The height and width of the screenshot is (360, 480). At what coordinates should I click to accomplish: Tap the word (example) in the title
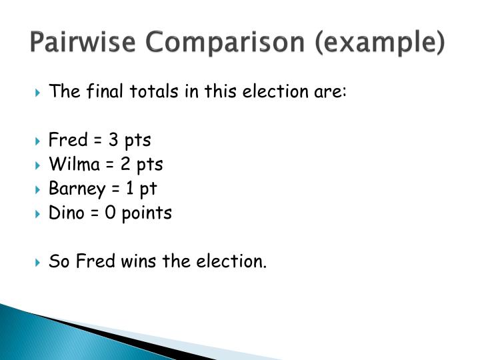(x=377, y=44)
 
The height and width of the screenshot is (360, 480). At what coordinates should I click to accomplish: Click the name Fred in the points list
(x=68, y=140)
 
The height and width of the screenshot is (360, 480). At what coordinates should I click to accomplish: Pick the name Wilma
(x=73, y=164)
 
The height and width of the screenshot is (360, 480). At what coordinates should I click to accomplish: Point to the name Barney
(x=77, y=189)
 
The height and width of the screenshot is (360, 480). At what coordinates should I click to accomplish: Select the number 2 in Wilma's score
(x=122, y=164)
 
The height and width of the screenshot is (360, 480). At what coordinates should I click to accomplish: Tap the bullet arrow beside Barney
(x=37, y=189)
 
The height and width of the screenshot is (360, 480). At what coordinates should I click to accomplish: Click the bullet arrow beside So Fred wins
(x=37, y=262)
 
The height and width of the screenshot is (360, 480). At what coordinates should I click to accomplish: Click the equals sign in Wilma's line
(x=107, y=165)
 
